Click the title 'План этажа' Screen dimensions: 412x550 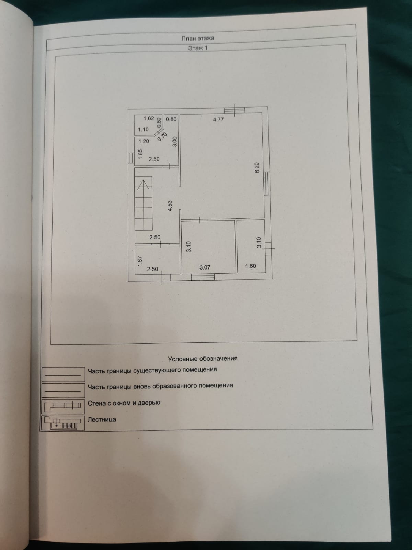197,38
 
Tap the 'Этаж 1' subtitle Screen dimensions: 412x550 197,48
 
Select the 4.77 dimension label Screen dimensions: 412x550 218,120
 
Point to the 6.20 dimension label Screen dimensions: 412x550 257,168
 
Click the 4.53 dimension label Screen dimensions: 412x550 169,206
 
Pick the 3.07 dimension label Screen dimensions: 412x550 205,267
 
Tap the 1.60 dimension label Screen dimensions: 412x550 250,266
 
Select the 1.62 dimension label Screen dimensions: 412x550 149,119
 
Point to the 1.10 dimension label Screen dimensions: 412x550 143,130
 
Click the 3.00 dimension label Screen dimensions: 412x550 174,142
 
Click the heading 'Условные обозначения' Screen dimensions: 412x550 203,359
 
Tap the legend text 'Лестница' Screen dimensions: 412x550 102,419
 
